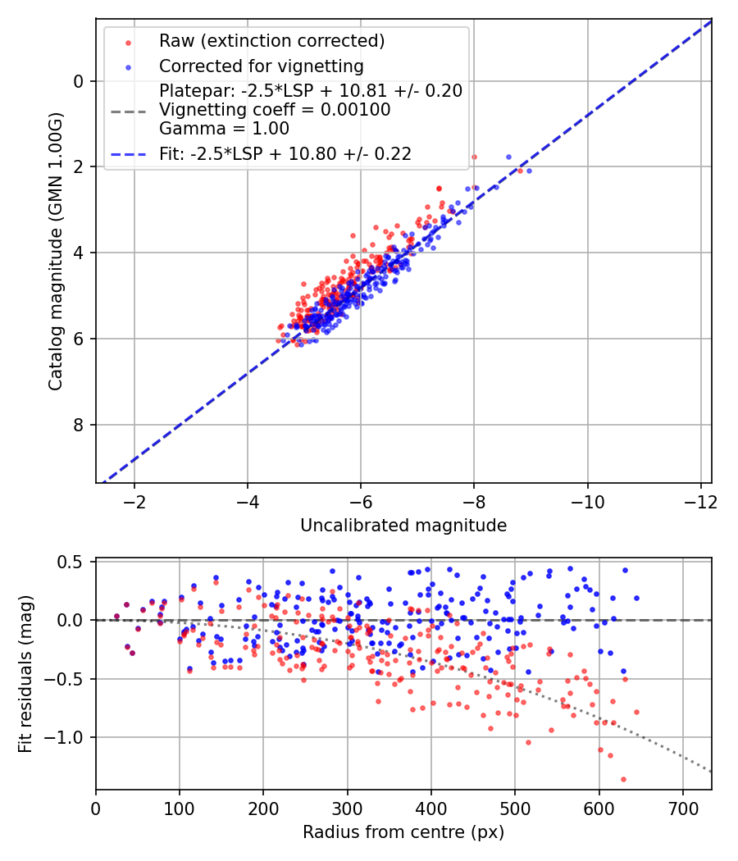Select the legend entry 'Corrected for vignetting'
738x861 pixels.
(261, 66)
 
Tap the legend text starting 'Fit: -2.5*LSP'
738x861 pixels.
(285, 153)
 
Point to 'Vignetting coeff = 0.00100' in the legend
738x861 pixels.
(275, 110)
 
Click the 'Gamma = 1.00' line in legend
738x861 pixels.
(224, 128)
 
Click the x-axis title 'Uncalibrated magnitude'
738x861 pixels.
(403, 525)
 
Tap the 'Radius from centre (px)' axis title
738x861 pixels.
(403, 832)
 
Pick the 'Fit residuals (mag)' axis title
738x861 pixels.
(25, 674)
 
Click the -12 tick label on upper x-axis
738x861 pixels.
(699, 500)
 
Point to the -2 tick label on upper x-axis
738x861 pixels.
(134, 500)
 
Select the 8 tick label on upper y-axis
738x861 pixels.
(78, 425)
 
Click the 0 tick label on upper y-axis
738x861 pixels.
(78, 81)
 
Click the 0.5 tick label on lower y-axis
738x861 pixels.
(71, 562)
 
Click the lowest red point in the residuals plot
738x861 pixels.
(623, 779)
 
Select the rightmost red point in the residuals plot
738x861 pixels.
(636, 712)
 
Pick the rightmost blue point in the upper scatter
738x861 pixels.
(529, 171)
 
